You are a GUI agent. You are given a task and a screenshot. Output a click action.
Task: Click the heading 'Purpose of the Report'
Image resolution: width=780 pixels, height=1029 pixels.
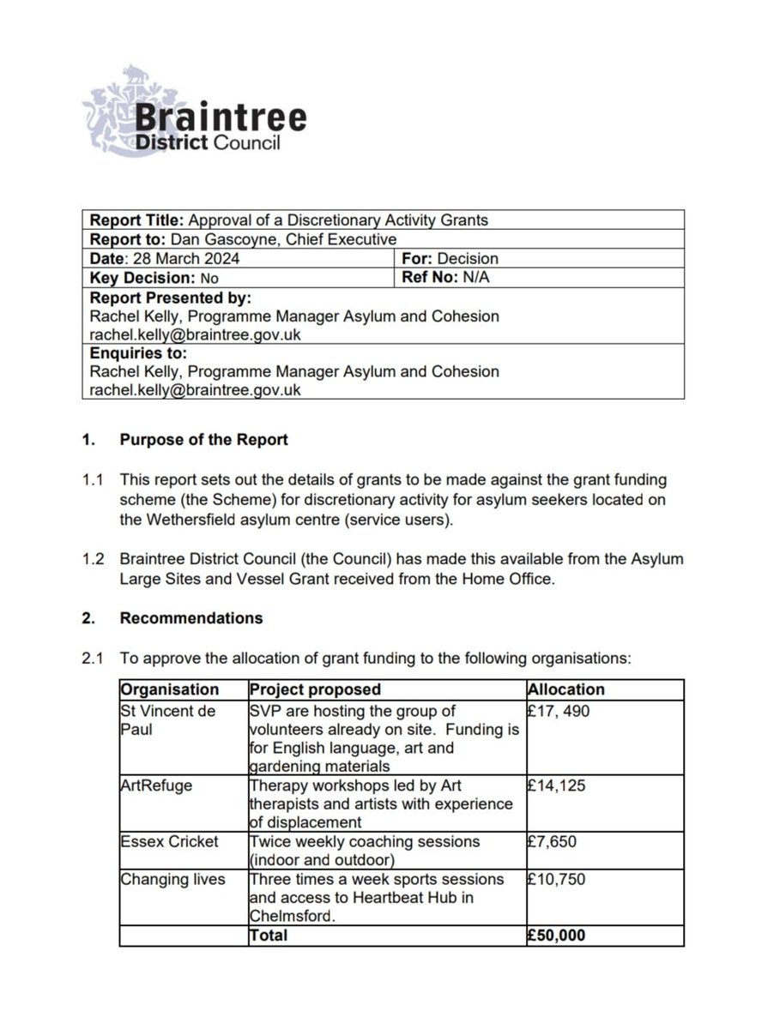(204, 440)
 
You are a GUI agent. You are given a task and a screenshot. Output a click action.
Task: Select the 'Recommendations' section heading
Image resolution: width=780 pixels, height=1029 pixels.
(191, 617)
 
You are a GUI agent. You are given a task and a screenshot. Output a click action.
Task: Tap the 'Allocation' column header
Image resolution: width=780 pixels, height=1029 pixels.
(565, 689)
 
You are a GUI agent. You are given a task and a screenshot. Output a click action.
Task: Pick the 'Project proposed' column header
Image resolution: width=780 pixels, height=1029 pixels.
(315, 689)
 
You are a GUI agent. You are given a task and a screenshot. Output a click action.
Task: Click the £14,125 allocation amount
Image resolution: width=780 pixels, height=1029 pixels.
(557, 786)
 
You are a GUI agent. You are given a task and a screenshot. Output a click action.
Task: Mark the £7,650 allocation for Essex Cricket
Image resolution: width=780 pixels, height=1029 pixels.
(553, 842)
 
